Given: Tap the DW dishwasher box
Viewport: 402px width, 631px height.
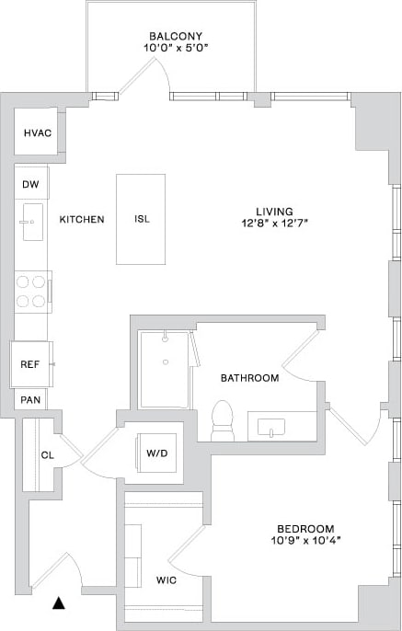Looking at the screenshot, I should pyautogui.click(x=31, y=185).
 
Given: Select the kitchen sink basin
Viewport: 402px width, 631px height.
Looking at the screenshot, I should pyautogui.click(x=31, y=223).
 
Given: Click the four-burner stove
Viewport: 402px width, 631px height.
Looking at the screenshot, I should pyautogui.click(x=32, y=291).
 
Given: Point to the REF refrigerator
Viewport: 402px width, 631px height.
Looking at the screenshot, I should pyautogui.click(x=30, y=364).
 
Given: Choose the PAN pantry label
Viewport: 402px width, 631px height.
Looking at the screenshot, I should pyautogui.click(x=30, y=400).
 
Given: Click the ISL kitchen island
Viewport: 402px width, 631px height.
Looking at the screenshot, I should pyautogui.click(x=141, y=219).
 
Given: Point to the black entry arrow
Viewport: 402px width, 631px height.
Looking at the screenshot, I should pyautogui.click(x=60, y=603).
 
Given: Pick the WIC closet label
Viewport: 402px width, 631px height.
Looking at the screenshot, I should pyautogui.click(x=166, y=580).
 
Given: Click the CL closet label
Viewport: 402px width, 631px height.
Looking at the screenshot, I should pyautogui.click(x=47, y=454).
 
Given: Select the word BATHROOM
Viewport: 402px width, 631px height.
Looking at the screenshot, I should pyautogui.click(x=249, y=378).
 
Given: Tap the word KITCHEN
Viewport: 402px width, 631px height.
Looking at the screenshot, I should pyautogui.click(x=82, y=219).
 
